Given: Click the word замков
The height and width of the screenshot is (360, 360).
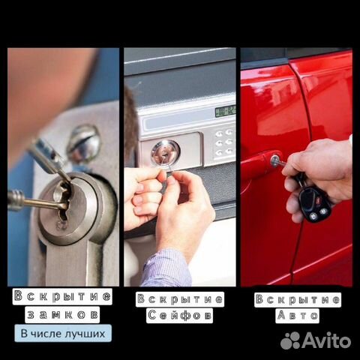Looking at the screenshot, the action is [62, 315].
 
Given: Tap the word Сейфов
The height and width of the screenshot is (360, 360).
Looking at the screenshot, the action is [179, 316].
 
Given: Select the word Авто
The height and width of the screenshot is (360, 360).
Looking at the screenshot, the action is [298, 316].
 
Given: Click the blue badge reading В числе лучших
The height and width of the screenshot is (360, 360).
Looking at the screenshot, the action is [63, 333].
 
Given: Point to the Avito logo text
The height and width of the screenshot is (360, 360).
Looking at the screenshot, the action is [327, 340].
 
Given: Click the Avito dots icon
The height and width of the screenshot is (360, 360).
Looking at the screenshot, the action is [290, 340].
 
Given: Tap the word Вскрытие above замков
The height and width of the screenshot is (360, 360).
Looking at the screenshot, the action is [62, 296].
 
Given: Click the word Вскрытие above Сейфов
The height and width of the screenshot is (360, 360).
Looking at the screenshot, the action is [179, 299].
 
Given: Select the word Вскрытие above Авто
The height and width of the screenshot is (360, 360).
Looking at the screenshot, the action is [298, 299].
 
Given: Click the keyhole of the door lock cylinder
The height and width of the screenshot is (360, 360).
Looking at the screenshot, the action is [62, 205].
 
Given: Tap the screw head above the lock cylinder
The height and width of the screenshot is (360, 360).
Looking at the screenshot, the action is [84, 144].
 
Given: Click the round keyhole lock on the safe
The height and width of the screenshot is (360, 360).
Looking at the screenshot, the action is [165, 152].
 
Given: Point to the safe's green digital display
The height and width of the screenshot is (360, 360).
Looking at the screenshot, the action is [225, 111].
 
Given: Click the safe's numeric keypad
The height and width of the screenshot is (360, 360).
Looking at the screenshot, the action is [224, 143].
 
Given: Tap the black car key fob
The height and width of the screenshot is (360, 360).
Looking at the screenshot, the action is [314, 203].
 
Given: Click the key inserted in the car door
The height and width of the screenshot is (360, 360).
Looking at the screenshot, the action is [277, 161].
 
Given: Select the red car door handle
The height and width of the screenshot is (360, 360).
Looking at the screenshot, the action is [261, 163].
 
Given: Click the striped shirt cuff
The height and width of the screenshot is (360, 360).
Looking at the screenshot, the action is [166, 268].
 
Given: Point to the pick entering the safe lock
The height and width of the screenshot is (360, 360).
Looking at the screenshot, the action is [166, 165].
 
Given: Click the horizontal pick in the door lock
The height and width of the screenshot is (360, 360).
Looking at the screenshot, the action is [37, 201].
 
